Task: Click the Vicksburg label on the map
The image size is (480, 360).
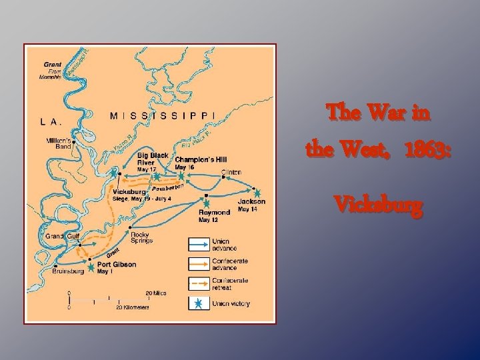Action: tap(129, 191)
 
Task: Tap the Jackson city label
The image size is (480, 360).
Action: tap(251, 201)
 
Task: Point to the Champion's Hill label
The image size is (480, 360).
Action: tap(201, 159)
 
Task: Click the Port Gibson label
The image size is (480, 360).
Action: tap(116, 264)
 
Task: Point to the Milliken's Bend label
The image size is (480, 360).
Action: tap(59, 144)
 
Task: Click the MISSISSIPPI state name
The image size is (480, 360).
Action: tap(163, 115)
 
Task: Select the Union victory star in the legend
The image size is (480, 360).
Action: tap(198, 304)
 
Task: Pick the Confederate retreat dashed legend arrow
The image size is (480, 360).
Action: tap(198, 284)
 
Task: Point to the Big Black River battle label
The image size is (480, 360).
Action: tap(153, 159)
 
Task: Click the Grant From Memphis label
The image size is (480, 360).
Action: tap(52, 71)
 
